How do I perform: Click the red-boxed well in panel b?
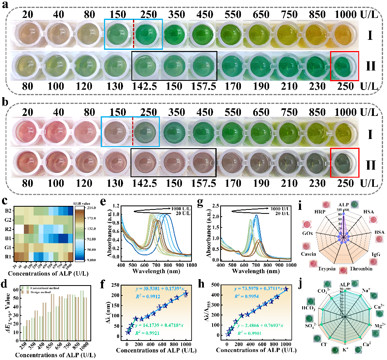coord(344,162)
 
